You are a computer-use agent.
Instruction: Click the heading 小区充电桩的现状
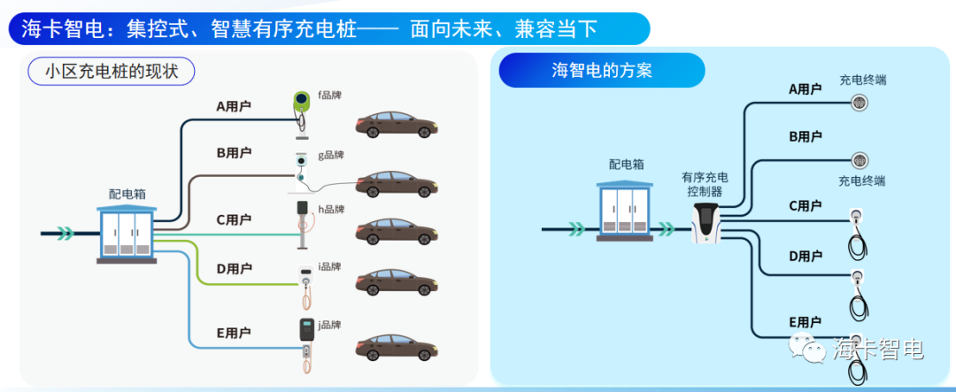[111, 72]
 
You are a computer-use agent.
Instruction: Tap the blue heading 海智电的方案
[602, 70]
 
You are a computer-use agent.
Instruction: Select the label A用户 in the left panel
[234, 107]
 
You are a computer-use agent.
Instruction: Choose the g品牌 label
[331, 155]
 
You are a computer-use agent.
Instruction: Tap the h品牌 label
[331, 210]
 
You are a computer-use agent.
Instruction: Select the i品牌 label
[329, 266]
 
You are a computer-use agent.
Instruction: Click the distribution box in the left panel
[126, 234]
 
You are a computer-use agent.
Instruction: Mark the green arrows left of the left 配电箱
[64, 234]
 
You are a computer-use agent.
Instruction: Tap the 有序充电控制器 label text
[705, 183]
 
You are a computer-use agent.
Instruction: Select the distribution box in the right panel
[626, 210]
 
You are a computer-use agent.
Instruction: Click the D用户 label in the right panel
[805, 257]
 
